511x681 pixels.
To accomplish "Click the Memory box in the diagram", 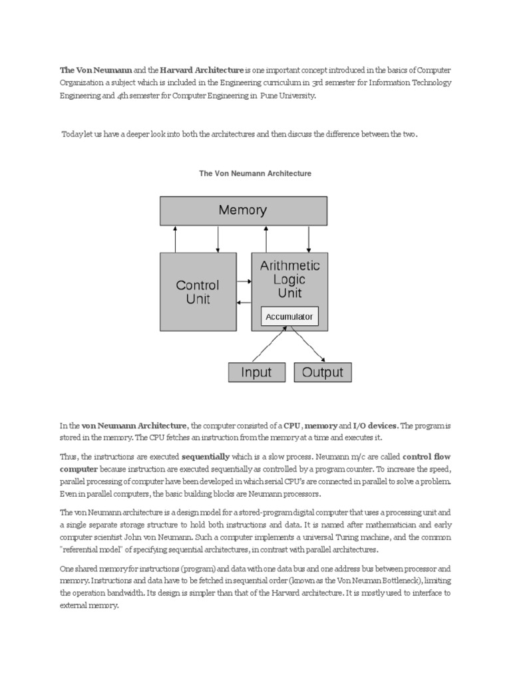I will click(x=243, y=211).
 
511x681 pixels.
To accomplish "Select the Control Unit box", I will click(x=198, y=292).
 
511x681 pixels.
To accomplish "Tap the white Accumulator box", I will click(x=289, y=317).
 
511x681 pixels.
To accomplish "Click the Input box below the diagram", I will click(x=256, y=372).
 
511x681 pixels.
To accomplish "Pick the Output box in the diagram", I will click(x=323, y=372).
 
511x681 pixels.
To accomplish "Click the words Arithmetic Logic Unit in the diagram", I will click(x=289, y=279).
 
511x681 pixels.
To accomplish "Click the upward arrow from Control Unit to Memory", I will click(x=176, y=239).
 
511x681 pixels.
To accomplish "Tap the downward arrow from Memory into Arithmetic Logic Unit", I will click(x=308, y=239).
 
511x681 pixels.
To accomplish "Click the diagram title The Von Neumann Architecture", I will click(x=255, y=174).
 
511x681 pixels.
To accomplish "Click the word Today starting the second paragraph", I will click(x=73, y=134).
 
